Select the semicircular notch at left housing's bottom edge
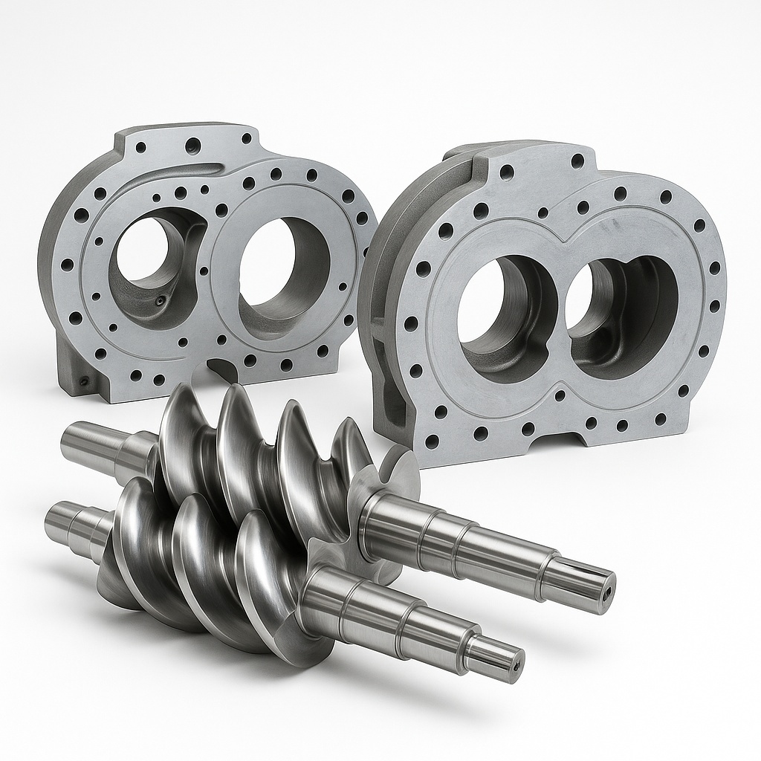(221, 366)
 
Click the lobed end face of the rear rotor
(394, 476)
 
